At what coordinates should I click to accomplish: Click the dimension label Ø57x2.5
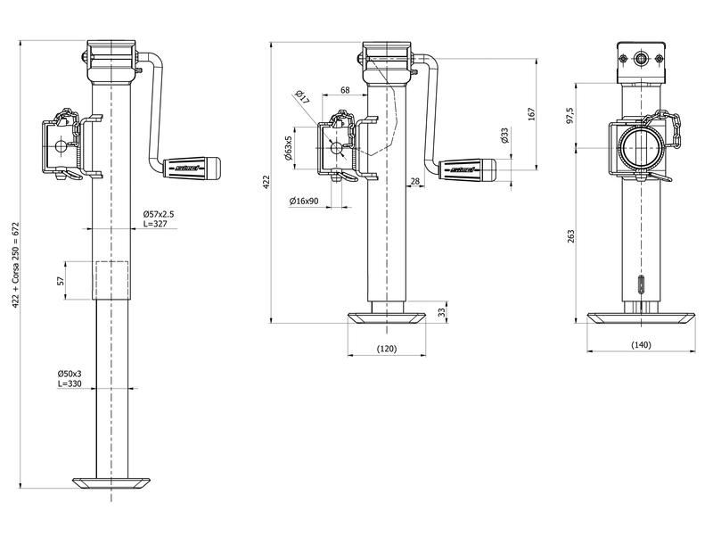click(x=159, y=215)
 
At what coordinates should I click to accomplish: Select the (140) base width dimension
click(x=641, y=344)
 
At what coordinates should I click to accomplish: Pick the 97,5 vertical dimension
click(x=570, y=117)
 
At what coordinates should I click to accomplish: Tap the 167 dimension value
click(x=531, y=113)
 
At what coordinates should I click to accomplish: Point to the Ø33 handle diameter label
click(x=504, y=136)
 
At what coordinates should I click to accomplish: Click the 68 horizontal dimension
click(x=345, y=91)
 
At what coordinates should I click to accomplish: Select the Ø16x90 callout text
click(x=305, y=202)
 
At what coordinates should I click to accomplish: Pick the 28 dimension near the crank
click(x=415, y=181)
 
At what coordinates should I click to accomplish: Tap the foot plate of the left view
click(x=111, y=482)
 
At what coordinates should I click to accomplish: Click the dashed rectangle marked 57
click(x=111, y=280)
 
